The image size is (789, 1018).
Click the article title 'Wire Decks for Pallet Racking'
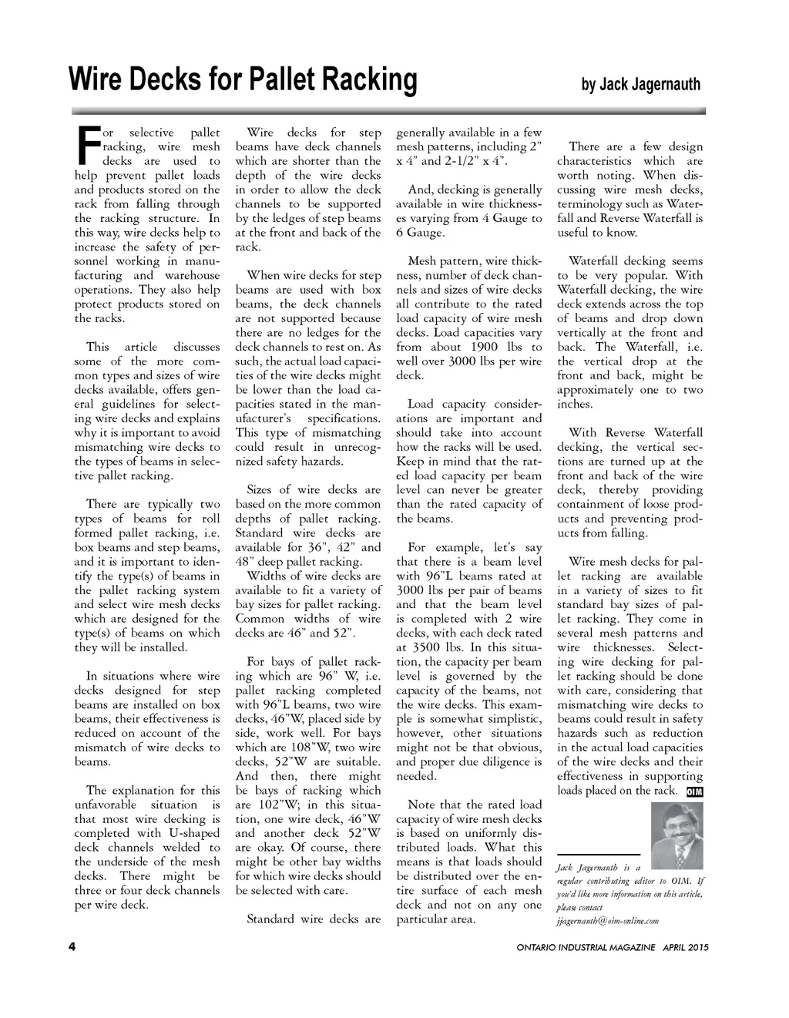click(243, 79)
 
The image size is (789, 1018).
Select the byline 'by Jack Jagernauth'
click(640, 84)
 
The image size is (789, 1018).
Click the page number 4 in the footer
click(71, 947)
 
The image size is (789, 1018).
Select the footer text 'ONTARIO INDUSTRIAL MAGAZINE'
click(586, 947)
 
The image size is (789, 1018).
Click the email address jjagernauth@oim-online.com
click(607, 921)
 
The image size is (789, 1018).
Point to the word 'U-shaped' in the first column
click(195, 833)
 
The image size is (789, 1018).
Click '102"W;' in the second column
click(257, 805)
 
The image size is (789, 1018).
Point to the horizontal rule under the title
click(388, 111)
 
